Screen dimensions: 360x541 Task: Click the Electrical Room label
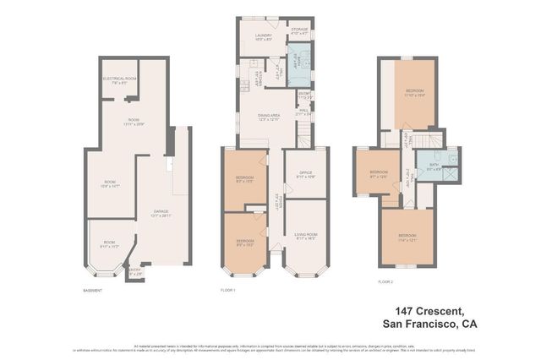point(120,80)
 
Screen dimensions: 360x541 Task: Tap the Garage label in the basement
point(161,213)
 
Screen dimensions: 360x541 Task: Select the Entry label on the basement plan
point(135,271)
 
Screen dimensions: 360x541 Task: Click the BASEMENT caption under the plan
point(93,291)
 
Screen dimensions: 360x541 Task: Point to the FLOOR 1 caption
point(228,291)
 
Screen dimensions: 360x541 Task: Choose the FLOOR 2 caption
point(385,281)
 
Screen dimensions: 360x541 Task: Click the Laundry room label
point(263,36)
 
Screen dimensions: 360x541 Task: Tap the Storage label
point(300,31)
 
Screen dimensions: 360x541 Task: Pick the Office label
point(306,176)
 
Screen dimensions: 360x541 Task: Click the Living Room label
point(306,237)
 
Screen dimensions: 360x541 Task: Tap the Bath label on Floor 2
point(433,166)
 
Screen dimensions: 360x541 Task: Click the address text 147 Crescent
point(433,311)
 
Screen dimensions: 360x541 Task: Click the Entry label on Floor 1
point(304,95)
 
